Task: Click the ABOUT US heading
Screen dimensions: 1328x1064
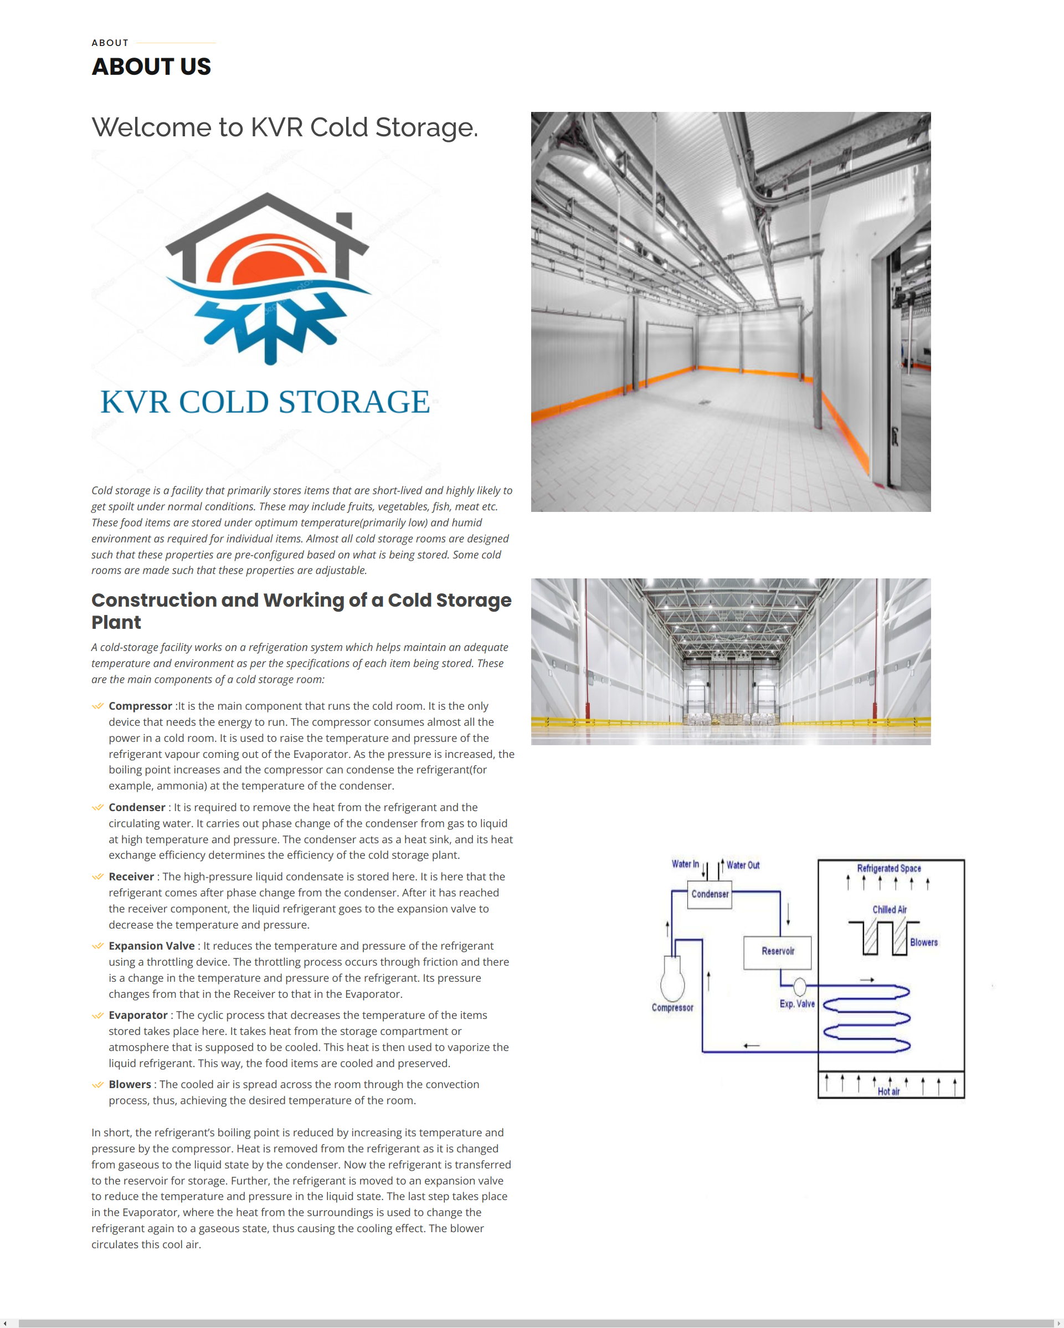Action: coord(151,66)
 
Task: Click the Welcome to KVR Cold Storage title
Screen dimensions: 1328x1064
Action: coord(285,127)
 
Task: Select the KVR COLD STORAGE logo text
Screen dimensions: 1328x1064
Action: coord(265,402)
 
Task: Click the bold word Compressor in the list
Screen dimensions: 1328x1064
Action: coord(140,706)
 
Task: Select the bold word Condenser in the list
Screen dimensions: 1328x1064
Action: coord(137,807)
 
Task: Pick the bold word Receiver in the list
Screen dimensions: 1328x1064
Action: coord(131,876)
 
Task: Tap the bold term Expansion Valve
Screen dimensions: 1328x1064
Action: coord(151,946)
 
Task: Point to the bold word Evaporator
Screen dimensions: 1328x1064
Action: coord(138,1014)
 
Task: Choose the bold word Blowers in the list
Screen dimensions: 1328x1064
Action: coord(130,1084)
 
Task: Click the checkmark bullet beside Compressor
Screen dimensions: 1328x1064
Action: coord(97,706)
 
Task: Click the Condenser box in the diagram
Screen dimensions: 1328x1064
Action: coord(710,894)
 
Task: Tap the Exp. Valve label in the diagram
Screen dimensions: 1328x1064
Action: coord(797,1003)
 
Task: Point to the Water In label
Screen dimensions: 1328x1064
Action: coord(685,864)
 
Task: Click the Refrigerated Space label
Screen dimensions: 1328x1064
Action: coord(888,869)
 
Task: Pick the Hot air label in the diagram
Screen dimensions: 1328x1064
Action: coord(888,1091)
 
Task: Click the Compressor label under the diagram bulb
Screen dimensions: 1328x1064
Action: coord(672,1008)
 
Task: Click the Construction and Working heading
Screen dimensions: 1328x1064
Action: coord(301,611)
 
